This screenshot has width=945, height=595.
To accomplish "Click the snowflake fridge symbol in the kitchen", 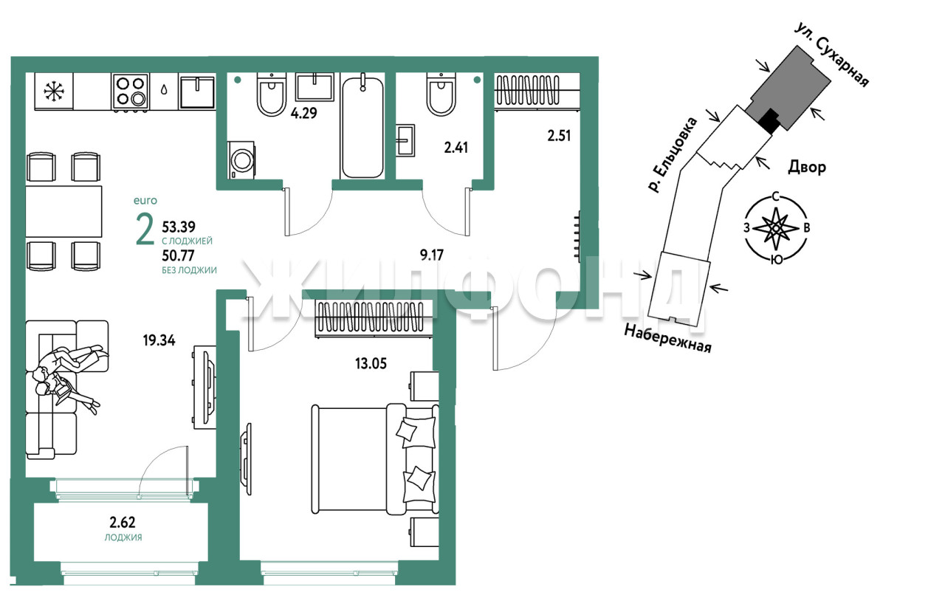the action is [x=54, y=92].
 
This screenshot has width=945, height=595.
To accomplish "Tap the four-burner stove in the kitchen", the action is [x=131, y=92].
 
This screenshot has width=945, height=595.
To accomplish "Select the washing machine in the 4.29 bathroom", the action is [x=241, y=160].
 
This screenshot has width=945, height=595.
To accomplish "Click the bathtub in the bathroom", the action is [x=362, y=126].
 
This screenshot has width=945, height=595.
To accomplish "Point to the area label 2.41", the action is [x=456, y=148].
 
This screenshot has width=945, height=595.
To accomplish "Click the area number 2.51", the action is [x=559, y=136].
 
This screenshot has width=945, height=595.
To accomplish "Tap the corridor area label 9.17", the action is [x=432, y=255].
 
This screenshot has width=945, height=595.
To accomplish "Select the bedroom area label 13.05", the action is [x=371, y=363].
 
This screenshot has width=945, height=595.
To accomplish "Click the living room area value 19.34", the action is [x=159, y=340].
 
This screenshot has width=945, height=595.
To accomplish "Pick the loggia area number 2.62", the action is [x=123, y=523].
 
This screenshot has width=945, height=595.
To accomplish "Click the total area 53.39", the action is [x=179, y=227].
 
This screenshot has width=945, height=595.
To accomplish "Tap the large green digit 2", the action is [x=145, y=230].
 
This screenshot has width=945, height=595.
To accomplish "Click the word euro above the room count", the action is [x=145, y=201].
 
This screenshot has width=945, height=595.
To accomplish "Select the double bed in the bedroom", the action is [x=375, y=459].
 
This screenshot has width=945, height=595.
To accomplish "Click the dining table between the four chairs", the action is [x=63, y=212].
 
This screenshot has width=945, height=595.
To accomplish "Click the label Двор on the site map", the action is [x=807, y=168].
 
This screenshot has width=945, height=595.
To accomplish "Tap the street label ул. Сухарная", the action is [x=832, y=55].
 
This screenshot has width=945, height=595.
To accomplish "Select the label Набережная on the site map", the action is [x=667, y=338].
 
